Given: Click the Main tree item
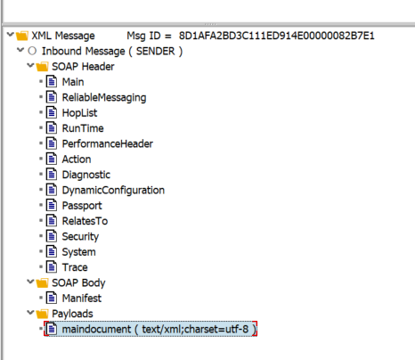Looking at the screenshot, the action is pos(73,82).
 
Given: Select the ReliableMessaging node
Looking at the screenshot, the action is pos(104,97).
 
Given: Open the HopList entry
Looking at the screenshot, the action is pos(79,113).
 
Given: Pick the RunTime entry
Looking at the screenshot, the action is pos(83,128).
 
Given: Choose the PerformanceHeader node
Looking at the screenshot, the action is pos(108,143).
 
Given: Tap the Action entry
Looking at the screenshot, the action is pos(77,160).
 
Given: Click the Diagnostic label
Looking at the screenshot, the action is pos(86,175).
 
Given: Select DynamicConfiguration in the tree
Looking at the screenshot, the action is pos(113,190).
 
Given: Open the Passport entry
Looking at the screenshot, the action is pos(82,206).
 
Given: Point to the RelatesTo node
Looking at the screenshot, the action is pos(85,221).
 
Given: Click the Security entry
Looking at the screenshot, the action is pos(80,236).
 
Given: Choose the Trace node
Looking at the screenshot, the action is pos(75,267).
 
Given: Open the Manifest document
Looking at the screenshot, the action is pos(82,299).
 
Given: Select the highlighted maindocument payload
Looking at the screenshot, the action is pos(151,329).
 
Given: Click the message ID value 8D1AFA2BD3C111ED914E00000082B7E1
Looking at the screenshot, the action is pos(276,36).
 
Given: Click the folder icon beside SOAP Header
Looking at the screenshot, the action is pos(42,67).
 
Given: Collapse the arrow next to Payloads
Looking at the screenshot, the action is pos(30,313).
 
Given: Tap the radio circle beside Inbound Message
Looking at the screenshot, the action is pos(32,51).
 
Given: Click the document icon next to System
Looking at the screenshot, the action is pos(52,252).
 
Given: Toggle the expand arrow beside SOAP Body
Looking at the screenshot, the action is pos(30,282).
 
